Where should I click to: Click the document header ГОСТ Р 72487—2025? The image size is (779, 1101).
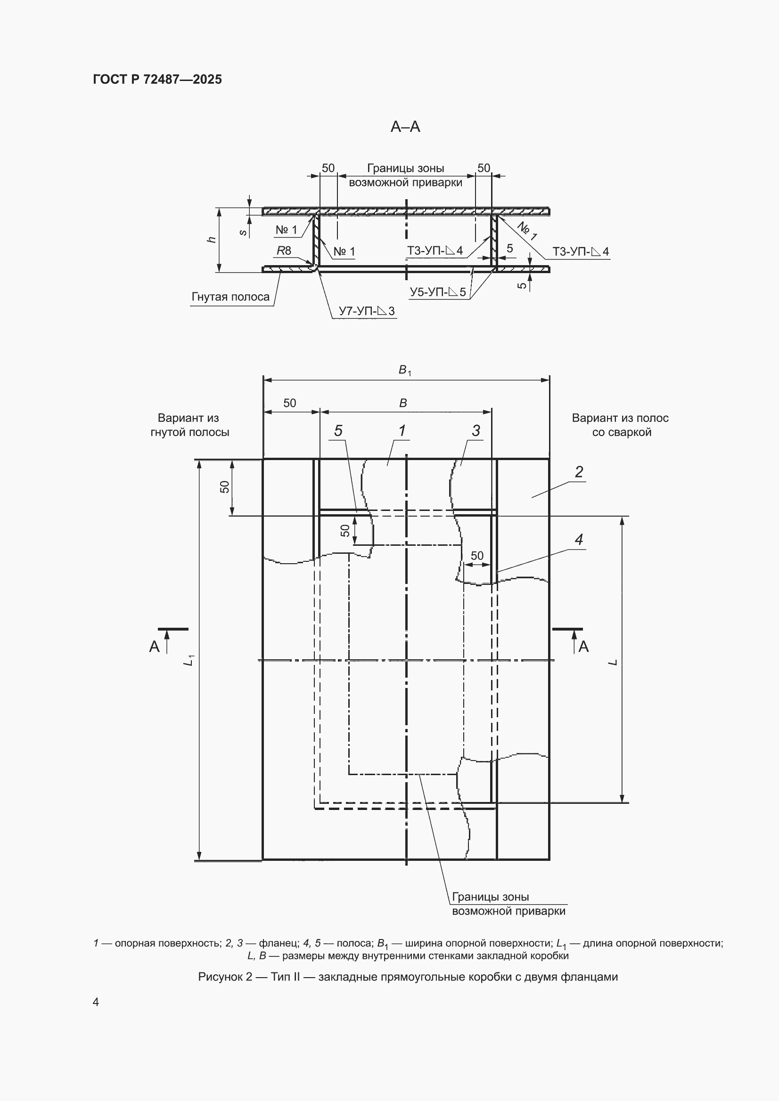click(157, 80)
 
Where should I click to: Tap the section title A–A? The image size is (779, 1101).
click(406, 127)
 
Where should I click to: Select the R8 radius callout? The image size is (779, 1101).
click(284, 251)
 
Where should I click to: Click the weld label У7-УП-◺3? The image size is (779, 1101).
click(367, 311)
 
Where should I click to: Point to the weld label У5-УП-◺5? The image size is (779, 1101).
click(438, 292)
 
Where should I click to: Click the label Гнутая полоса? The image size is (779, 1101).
click(230, 297)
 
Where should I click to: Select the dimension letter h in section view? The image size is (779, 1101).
click(211, 240)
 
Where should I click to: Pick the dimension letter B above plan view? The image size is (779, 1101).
click(403, 403)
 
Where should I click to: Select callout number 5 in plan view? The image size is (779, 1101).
click(338, 430)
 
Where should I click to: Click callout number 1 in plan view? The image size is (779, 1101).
click(402, 430)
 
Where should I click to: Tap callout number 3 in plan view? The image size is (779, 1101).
click(476, 430)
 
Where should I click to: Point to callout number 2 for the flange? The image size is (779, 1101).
click(579, 472)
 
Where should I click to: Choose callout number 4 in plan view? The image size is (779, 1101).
click(579, 540)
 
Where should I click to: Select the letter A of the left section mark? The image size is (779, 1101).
click(154, 647)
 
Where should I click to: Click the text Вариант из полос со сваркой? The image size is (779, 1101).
click(621, 425)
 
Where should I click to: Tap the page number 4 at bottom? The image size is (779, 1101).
click(96, 1002)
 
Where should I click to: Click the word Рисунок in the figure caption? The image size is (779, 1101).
click(220, 977)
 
